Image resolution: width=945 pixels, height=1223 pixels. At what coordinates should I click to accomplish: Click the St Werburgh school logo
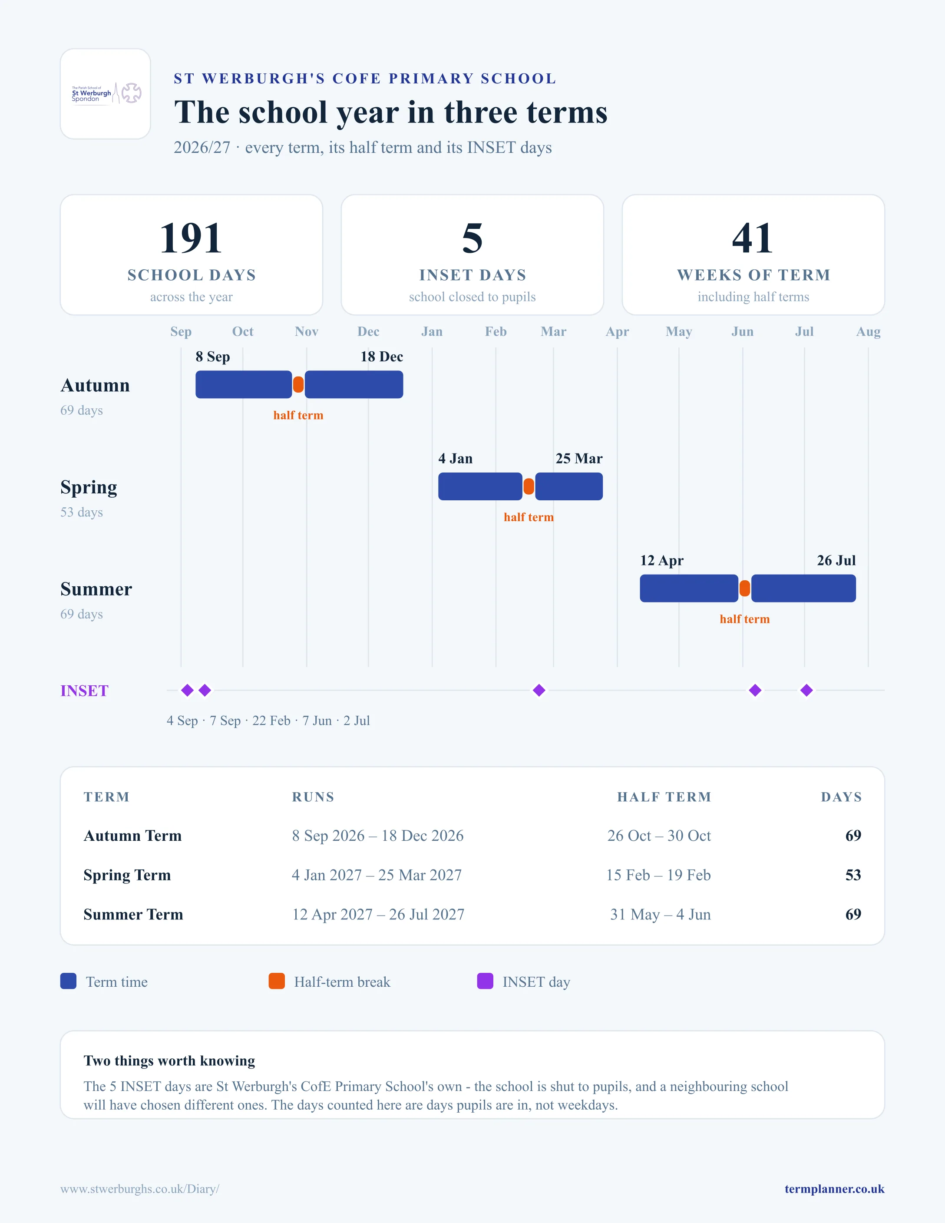(106, 93)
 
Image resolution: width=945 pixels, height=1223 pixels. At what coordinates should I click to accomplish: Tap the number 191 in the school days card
(191, 238)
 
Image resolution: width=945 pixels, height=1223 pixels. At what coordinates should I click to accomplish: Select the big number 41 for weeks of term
(753, 238)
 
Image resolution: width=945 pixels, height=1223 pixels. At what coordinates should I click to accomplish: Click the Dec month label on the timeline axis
(368, 331)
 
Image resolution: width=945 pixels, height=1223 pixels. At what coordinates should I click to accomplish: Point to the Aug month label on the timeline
(868, 331)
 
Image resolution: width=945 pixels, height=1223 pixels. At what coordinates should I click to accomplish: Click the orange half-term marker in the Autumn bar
(298, 384)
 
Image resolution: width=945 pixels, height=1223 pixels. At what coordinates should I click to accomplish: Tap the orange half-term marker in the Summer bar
(745, 588)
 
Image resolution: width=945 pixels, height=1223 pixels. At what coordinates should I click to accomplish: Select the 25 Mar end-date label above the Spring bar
(579, 459)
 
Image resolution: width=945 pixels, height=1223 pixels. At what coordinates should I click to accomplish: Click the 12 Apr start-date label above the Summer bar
(662, 561)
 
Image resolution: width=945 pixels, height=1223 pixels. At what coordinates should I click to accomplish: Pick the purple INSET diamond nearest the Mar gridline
(539, 691)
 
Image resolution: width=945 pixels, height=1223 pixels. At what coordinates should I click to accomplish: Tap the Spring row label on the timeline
(89, 488)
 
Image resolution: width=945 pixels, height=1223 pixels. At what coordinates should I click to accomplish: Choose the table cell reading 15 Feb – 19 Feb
(658, 875)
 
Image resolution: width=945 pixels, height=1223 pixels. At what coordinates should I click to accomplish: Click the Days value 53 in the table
(853, 875)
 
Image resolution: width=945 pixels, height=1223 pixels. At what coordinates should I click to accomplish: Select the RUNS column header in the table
(313, 797)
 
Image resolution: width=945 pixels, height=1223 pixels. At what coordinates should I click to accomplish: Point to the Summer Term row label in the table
(133, 914)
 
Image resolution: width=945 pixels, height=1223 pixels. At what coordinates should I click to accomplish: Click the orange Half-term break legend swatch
(277, 981)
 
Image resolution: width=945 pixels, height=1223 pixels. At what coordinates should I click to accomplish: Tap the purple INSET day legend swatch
(485, 981)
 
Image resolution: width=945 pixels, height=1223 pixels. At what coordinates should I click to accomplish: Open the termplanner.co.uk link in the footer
(834, 1189)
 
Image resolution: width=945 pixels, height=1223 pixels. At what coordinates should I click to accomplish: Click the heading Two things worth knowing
(169, 1061)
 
